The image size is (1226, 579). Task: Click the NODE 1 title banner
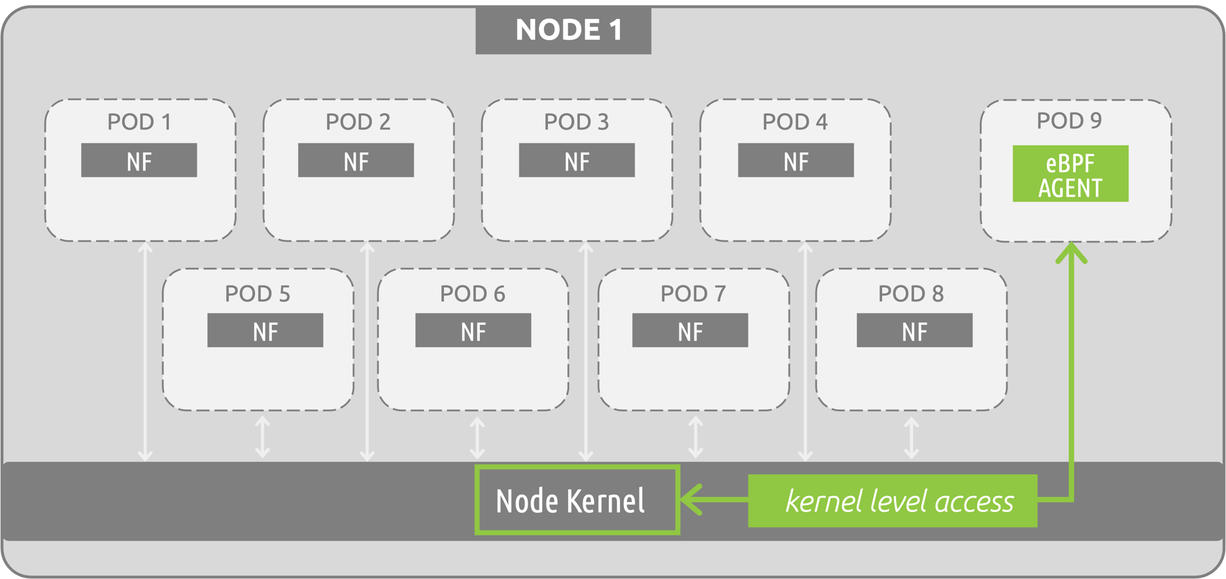(x=563, y=30)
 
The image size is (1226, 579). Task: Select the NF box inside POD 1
(x=139, y=161)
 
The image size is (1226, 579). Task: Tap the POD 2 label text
(x=358, y=122)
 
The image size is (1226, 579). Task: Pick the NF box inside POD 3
(x=577, y=161)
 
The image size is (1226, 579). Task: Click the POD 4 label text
(x=794, y=122)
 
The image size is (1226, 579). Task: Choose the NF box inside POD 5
(x=265, y=331)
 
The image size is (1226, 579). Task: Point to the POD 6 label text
(x=472, y=294)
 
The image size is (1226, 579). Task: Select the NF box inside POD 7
(x=690, y=331)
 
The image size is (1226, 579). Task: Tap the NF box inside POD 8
(x=914, y=331)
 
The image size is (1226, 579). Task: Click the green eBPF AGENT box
(x=1070, y=174)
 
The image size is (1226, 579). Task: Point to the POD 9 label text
(x=1069, y=121)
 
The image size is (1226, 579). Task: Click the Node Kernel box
(x=577, y=501)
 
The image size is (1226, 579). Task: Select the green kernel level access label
(x=893, y=501)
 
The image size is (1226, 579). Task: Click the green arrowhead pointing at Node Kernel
(x=692, y=500)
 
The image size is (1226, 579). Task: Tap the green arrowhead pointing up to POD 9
(x=1072, y=253)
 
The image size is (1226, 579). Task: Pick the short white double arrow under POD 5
(x=262, y=437)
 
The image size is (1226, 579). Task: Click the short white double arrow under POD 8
(x=911, y=438)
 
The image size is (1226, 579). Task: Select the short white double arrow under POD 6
(x=477, y=438)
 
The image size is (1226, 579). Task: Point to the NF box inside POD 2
(x=356, y=161)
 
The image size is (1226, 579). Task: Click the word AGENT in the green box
(x=1070, y=188)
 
